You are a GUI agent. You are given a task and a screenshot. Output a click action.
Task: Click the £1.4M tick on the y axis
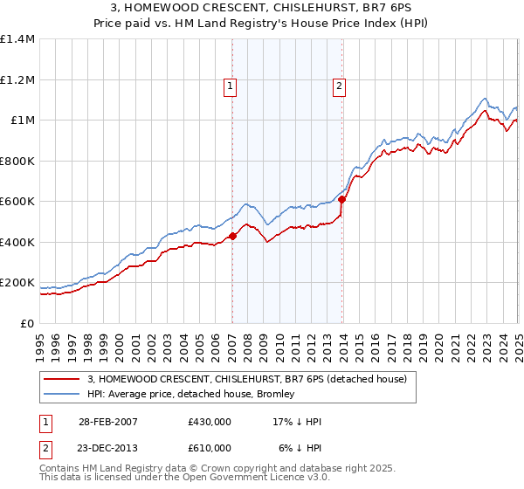click(x=17, y=39)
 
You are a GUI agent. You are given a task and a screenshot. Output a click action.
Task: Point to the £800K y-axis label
click(x=17, y=161)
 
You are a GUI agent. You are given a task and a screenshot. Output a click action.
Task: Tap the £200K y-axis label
click(x=17, y=283)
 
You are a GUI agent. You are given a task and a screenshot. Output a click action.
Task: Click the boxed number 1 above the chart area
click(x=229, y=86)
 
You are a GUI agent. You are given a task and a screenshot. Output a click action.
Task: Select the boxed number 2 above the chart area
click(x=338, y=86)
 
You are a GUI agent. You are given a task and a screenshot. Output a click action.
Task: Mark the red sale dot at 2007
click(x=233, y=236)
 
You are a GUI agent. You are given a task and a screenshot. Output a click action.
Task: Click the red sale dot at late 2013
click(x=342, y=199)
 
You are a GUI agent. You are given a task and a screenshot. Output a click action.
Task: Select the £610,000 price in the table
click(x=210, y=448)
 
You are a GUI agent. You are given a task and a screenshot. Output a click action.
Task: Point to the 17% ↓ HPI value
click(x=298, y=422)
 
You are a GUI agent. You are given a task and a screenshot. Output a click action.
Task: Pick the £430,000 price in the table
click(x=210, y=422)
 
